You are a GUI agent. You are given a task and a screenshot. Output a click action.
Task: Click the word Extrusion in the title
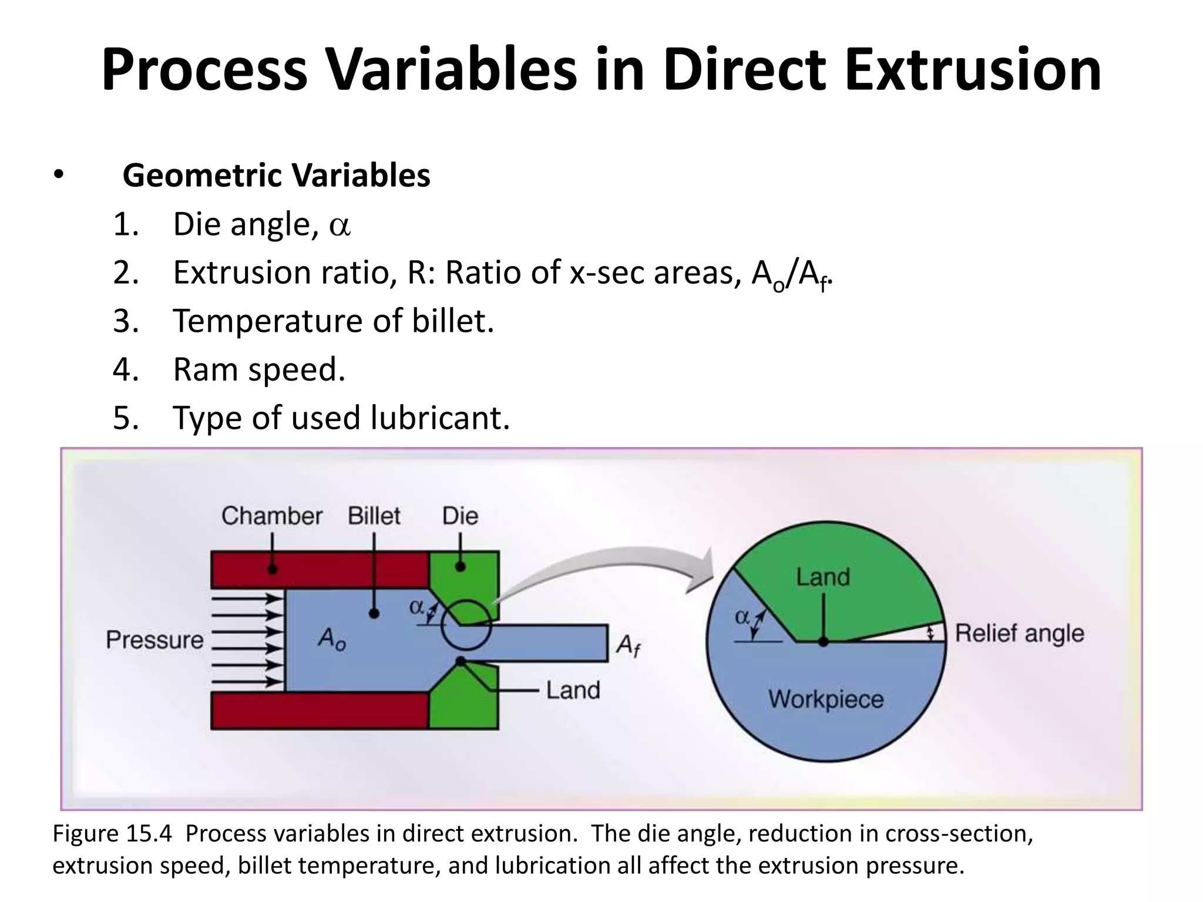(972, 70)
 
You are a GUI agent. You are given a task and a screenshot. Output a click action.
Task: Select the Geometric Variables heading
(276, 176)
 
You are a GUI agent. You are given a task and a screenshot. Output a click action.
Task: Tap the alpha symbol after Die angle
(340, 226)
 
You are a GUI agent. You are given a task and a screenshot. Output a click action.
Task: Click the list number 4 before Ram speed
(125, 370)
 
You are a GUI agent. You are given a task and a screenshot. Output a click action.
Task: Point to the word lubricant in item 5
(440, 418)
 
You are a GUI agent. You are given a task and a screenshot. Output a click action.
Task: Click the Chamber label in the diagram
(271, 516)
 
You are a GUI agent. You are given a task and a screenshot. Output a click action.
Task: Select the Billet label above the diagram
(374, 516)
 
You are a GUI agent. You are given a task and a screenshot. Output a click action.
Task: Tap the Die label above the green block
(460, 516)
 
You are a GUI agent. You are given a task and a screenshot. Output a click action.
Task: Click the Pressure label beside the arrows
(154, 640)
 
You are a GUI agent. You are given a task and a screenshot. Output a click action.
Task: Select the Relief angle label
(1019, 634)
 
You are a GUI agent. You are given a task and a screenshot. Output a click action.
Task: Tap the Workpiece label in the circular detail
(826, 699)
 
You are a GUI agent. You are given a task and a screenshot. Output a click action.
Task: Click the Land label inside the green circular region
(823, 577)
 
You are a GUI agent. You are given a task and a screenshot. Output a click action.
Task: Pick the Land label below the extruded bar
(573, 690)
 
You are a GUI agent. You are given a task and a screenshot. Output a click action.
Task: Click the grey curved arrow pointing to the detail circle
(605, 561)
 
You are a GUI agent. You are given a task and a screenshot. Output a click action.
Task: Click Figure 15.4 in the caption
(112, 834)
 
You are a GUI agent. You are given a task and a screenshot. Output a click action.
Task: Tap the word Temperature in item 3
(267, 321)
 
